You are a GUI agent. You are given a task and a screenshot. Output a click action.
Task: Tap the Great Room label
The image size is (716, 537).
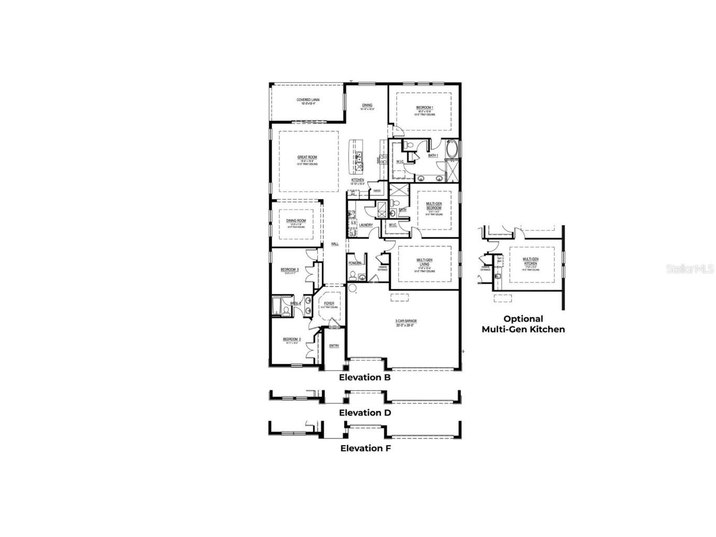tap(308, 157)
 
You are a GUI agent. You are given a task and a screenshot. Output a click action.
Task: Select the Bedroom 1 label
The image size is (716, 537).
tap(425, 108)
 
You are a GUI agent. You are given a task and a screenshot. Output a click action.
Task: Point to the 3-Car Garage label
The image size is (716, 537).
tap(406, 321)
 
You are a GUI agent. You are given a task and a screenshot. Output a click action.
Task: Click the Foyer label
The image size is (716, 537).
tap(329, 304)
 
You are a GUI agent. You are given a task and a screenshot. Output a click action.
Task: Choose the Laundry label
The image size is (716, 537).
tap(366, 225)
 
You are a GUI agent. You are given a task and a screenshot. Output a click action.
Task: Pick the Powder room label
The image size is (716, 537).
tap(355, 263)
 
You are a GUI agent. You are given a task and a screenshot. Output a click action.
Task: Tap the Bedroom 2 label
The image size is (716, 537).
tap(291, 339)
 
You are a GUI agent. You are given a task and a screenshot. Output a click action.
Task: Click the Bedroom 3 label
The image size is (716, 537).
tap(289, 270)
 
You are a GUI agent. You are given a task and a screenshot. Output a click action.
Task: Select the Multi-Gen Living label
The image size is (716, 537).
tap(424, 260)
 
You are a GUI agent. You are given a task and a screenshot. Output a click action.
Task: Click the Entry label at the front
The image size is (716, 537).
tap(334, 346)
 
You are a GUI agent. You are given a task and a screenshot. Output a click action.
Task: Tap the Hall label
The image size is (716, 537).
tap(334, 244)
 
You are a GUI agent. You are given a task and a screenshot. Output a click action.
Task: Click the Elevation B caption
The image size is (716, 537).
tap(365, 377)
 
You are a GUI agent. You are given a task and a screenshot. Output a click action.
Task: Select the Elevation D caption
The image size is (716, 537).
tap(365, 413)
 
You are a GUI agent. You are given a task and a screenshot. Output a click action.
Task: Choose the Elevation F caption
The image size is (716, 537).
tap(365, 448)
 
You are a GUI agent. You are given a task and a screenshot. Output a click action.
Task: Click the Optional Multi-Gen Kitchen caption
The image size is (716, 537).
tap(523, 324)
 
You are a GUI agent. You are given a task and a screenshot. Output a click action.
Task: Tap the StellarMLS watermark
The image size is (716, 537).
tap(690, 268)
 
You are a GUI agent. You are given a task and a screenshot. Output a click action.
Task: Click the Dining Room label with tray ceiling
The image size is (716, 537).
tap(296, 221)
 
